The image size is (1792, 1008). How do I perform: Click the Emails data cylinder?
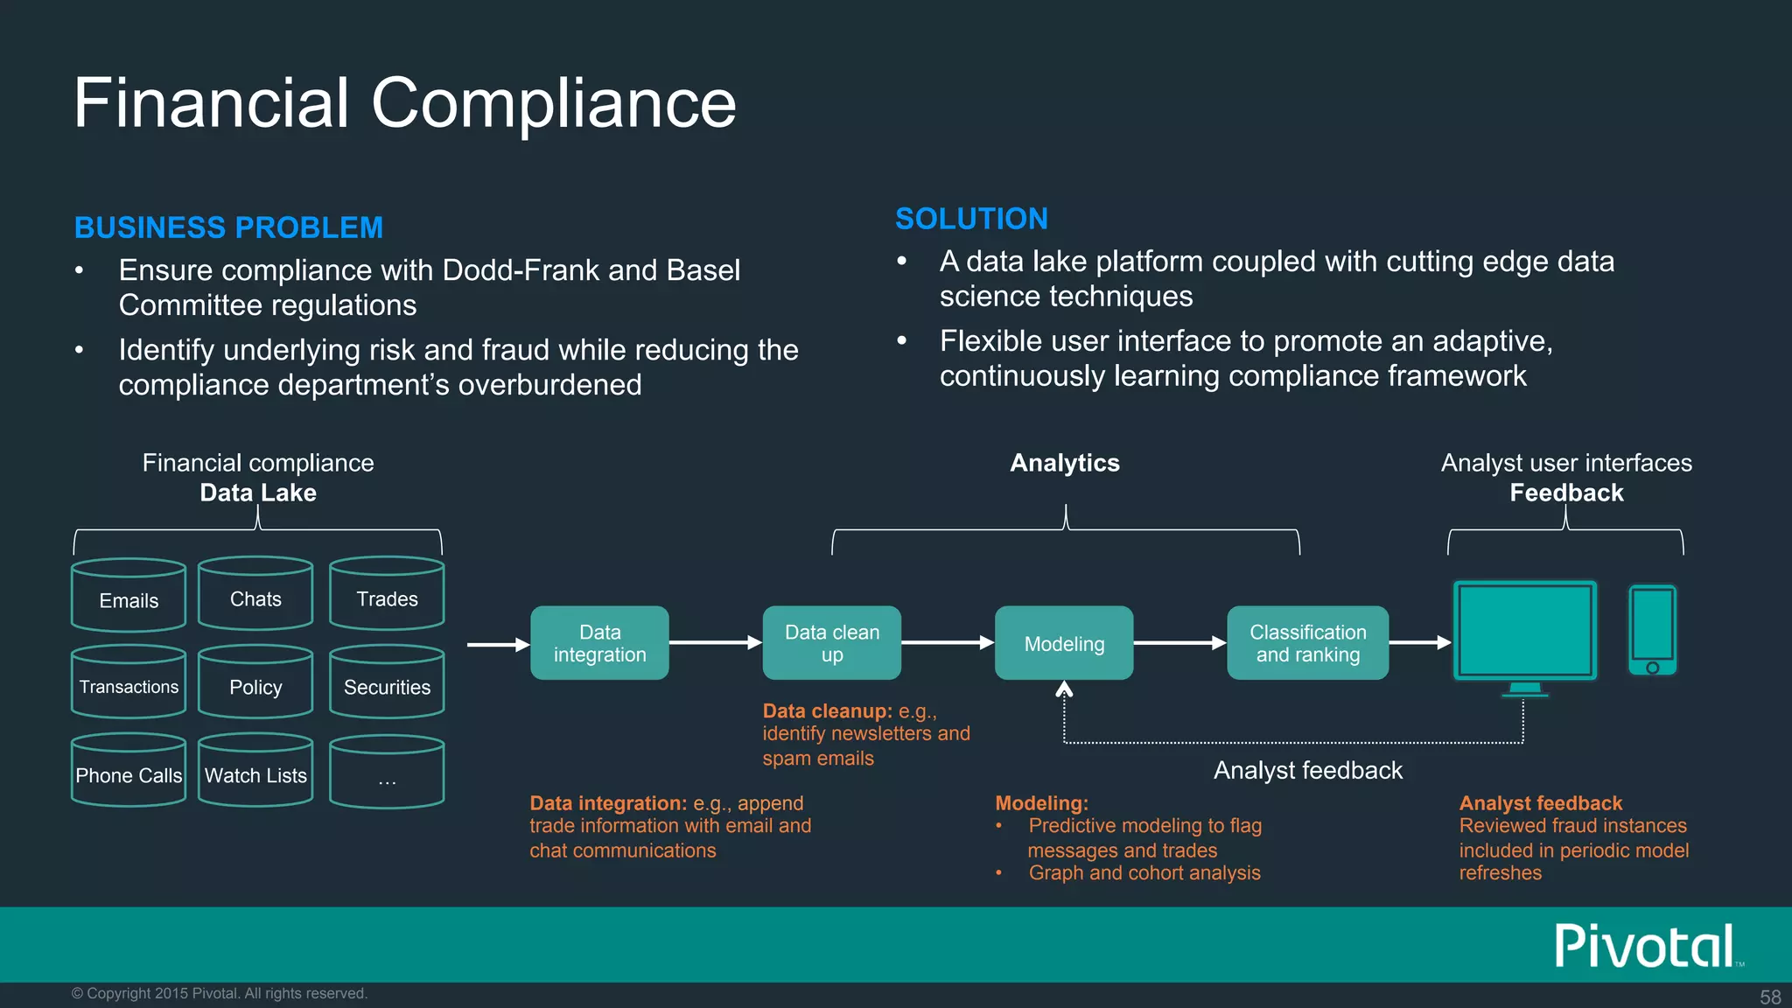point(129,596)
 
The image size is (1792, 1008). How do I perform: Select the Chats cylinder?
point(255,594)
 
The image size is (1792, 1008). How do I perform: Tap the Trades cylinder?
point(387,594)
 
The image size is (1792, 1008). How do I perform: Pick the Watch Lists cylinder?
point(255,771)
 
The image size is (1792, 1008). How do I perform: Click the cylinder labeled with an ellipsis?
point(387,773)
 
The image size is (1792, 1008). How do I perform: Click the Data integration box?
point(599,643)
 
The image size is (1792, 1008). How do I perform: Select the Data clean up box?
point(831,643)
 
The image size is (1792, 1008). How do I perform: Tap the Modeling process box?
point(1064,643)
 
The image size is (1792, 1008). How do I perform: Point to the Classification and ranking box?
point(1307,643)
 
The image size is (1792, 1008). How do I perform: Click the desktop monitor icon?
point(1524,632)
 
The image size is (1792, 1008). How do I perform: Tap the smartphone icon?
point(1652,630)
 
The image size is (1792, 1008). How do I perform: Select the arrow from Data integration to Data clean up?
point(715,643)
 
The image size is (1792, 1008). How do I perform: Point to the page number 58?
point(1770,997)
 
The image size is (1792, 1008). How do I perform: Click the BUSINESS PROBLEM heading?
point(228,227)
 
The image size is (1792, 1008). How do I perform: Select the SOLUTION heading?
point(971,219)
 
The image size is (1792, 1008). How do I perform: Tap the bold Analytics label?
point(1065,463)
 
